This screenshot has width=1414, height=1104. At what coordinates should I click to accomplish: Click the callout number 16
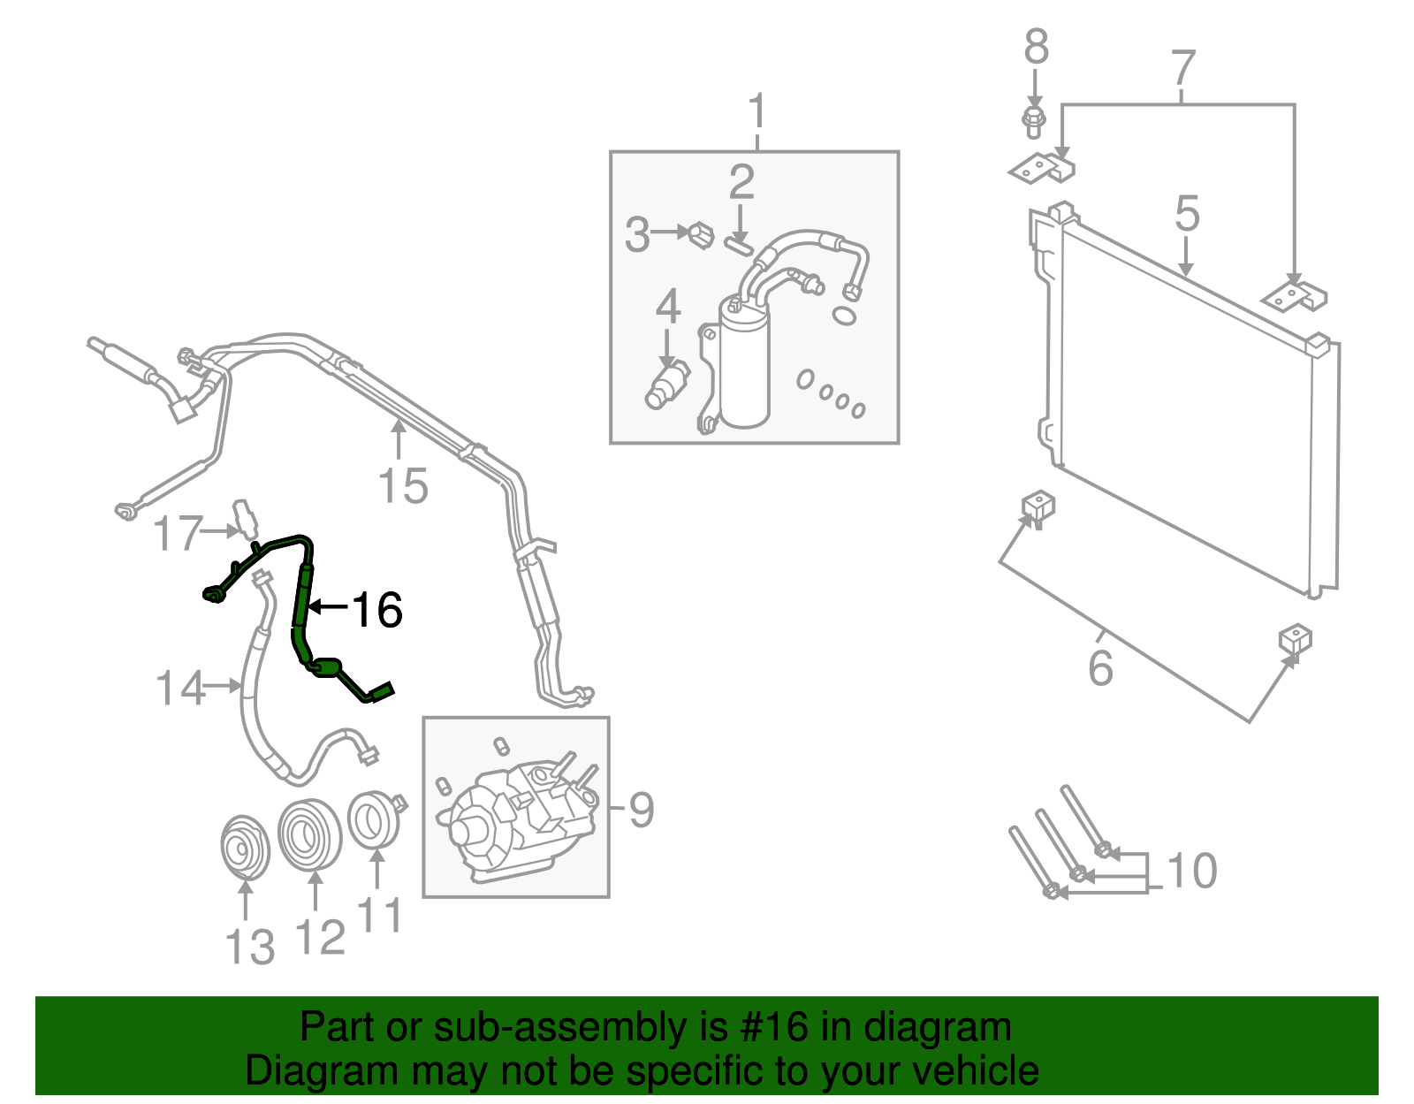pyautogui.click(x=378, y=610)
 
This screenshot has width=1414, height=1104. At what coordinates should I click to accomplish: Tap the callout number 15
pyautogui.click(x=403, y=486)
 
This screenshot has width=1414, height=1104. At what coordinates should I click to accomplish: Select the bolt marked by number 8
pyautogui.click(x=1033, y=122)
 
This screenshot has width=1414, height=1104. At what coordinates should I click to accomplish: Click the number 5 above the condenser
pyautogui.click(x=1187, y=215)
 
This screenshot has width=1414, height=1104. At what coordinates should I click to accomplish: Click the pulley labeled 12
pyautogui.click(x=309, y=834)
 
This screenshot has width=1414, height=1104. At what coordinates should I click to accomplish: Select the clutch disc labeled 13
pyautogui.click(x=244, y=848)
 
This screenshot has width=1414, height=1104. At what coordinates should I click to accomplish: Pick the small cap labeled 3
pyautogui.click(x=700, y=235)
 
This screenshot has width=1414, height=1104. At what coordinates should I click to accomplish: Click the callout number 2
pyautogui.click(x=741, y=183)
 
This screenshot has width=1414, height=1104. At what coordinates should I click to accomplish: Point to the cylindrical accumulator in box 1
pyautogui.click(x=744, y=362)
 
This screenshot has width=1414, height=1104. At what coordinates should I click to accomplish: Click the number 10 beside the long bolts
pyautogui.click(x=1192, y=872)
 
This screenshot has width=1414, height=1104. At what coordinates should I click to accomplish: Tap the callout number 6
pyautogui.click(x=1100, y=667)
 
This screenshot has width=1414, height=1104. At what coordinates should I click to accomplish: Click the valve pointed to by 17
pyautogui.click(x=245, y=520)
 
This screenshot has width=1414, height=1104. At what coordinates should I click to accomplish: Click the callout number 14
pyautogui.click(x=180, y=688)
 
